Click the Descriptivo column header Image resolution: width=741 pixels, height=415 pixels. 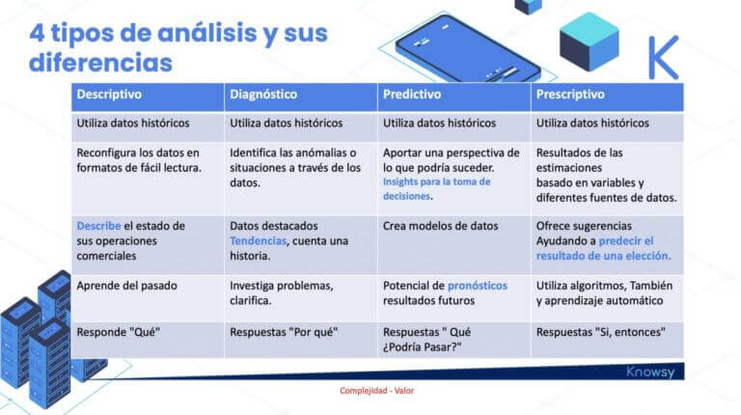click(x=109, y=96)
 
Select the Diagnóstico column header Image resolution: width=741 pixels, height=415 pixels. click(x=263, y=96)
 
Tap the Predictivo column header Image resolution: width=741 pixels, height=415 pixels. click(x=412, y=96)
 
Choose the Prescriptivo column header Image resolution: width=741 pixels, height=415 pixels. click(x=570, y=96)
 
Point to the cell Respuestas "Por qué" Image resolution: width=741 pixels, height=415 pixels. click(x=283, y=332)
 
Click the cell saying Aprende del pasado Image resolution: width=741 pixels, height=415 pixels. click(x=123, y=286)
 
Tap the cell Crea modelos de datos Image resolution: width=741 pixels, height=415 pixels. click(x=441, y=226)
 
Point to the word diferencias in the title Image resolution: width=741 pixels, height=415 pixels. click(x=100, y=63)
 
